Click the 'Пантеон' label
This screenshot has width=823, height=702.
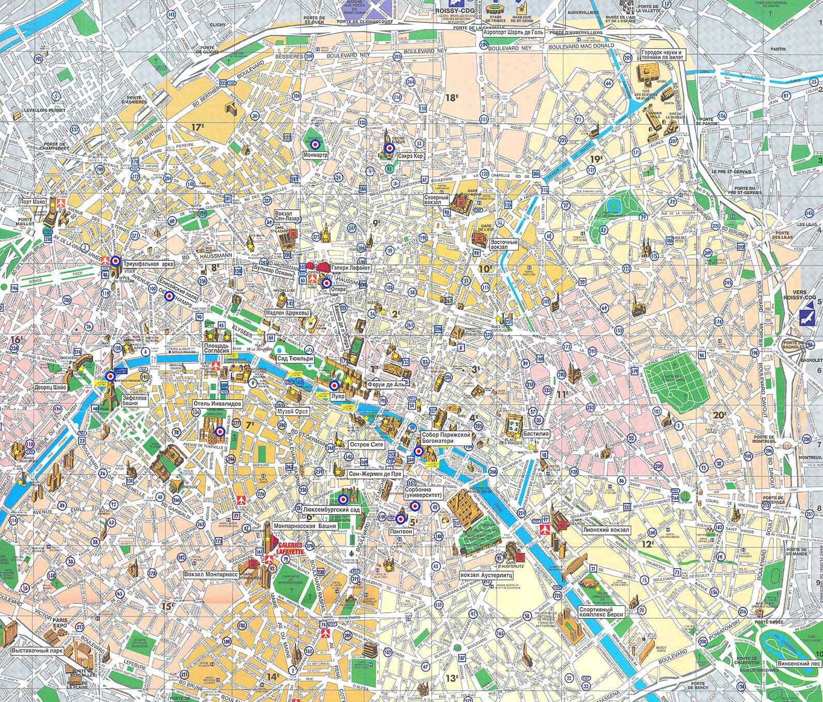(x=401, y=531)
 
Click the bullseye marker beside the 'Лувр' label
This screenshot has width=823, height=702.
(x=335, y=385)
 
